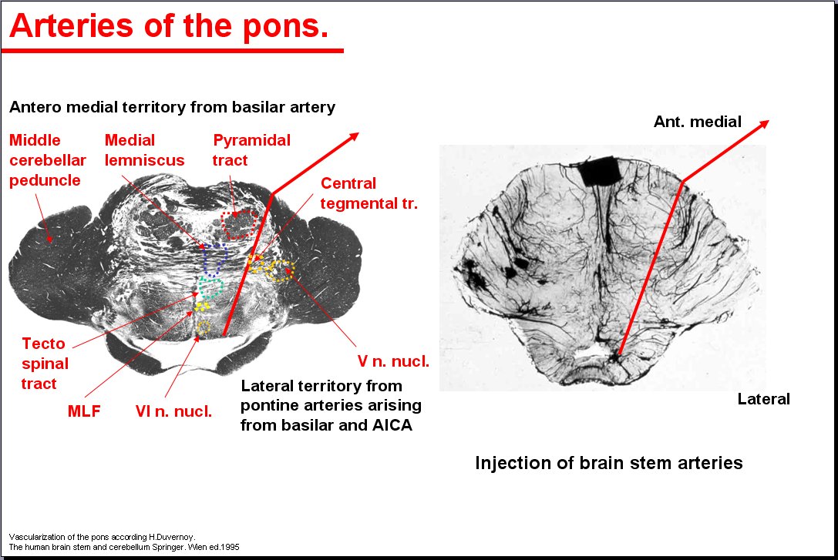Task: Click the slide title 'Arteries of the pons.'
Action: (169, 25)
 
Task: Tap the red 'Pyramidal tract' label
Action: (251, 150)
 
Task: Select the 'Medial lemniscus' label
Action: (144, 150)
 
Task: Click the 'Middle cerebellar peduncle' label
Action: (48, 160)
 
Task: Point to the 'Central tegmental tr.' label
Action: (369, 193)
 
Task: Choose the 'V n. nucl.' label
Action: (393, 361)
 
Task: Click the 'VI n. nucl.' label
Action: (173, 411)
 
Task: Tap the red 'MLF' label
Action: (84, 411)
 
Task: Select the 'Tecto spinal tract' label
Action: (45, 364)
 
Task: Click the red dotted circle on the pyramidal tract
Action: (240, 211)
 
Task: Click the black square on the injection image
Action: (601, 171)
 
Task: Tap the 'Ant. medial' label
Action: (698, 122)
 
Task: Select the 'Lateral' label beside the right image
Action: (764, 399)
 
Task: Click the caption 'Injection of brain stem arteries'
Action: (609, 462)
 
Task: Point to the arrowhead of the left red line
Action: (353, 136)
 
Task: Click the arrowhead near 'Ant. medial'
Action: (764, 124)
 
